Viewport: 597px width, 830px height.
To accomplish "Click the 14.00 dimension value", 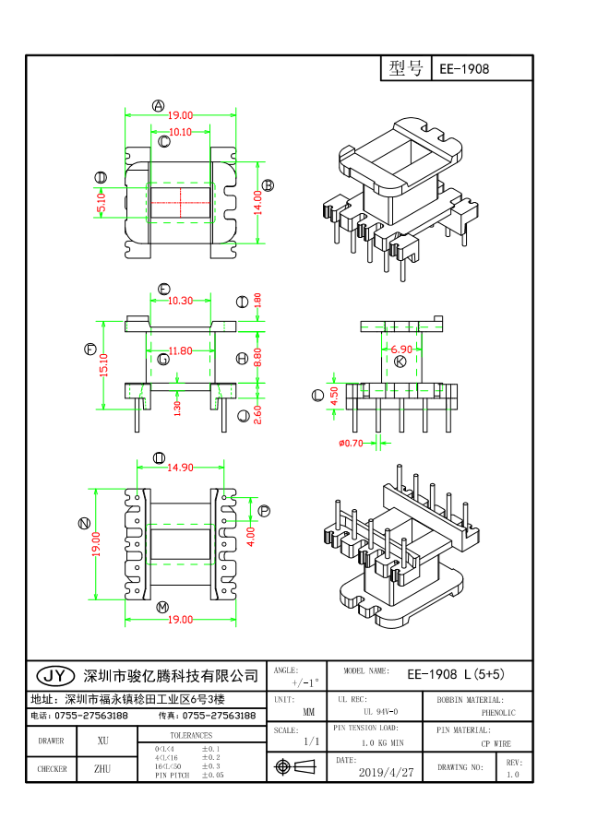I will click(259, 202).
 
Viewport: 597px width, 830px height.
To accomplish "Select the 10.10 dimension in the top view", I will click(180, 132).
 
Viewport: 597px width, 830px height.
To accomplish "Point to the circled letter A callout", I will click(158, 105).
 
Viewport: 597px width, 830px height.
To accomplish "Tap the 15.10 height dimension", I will click(104, 365).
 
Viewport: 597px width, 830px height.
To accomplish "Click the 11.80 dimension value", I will click(180, 350).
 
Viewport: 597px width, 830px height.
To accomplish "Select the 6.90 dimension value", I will click(401, 350).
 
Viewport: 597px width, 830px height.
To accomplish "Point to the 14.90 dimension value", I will click(180, 468).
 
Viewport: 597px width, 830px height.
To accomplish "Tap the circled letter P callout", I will click(264, 510).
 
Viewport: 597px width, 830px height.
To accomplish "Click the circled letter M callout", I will click(162, 607).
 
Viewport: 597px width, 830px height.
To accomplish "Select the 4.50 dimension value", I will click(334, 395).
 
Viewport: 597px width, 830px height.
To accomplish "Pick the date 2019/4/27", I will click(386, 772).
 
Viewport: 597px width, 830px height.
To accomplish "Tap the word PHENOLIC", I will click(498, 713).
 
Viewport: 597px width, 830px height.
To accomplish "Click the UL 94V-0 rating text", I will click(380, 712).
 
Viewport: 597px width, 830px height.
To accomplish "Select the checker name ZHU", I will click(102, 768).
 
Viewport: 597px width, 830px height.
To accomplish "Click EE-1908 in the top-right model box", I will click(464, 69).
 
